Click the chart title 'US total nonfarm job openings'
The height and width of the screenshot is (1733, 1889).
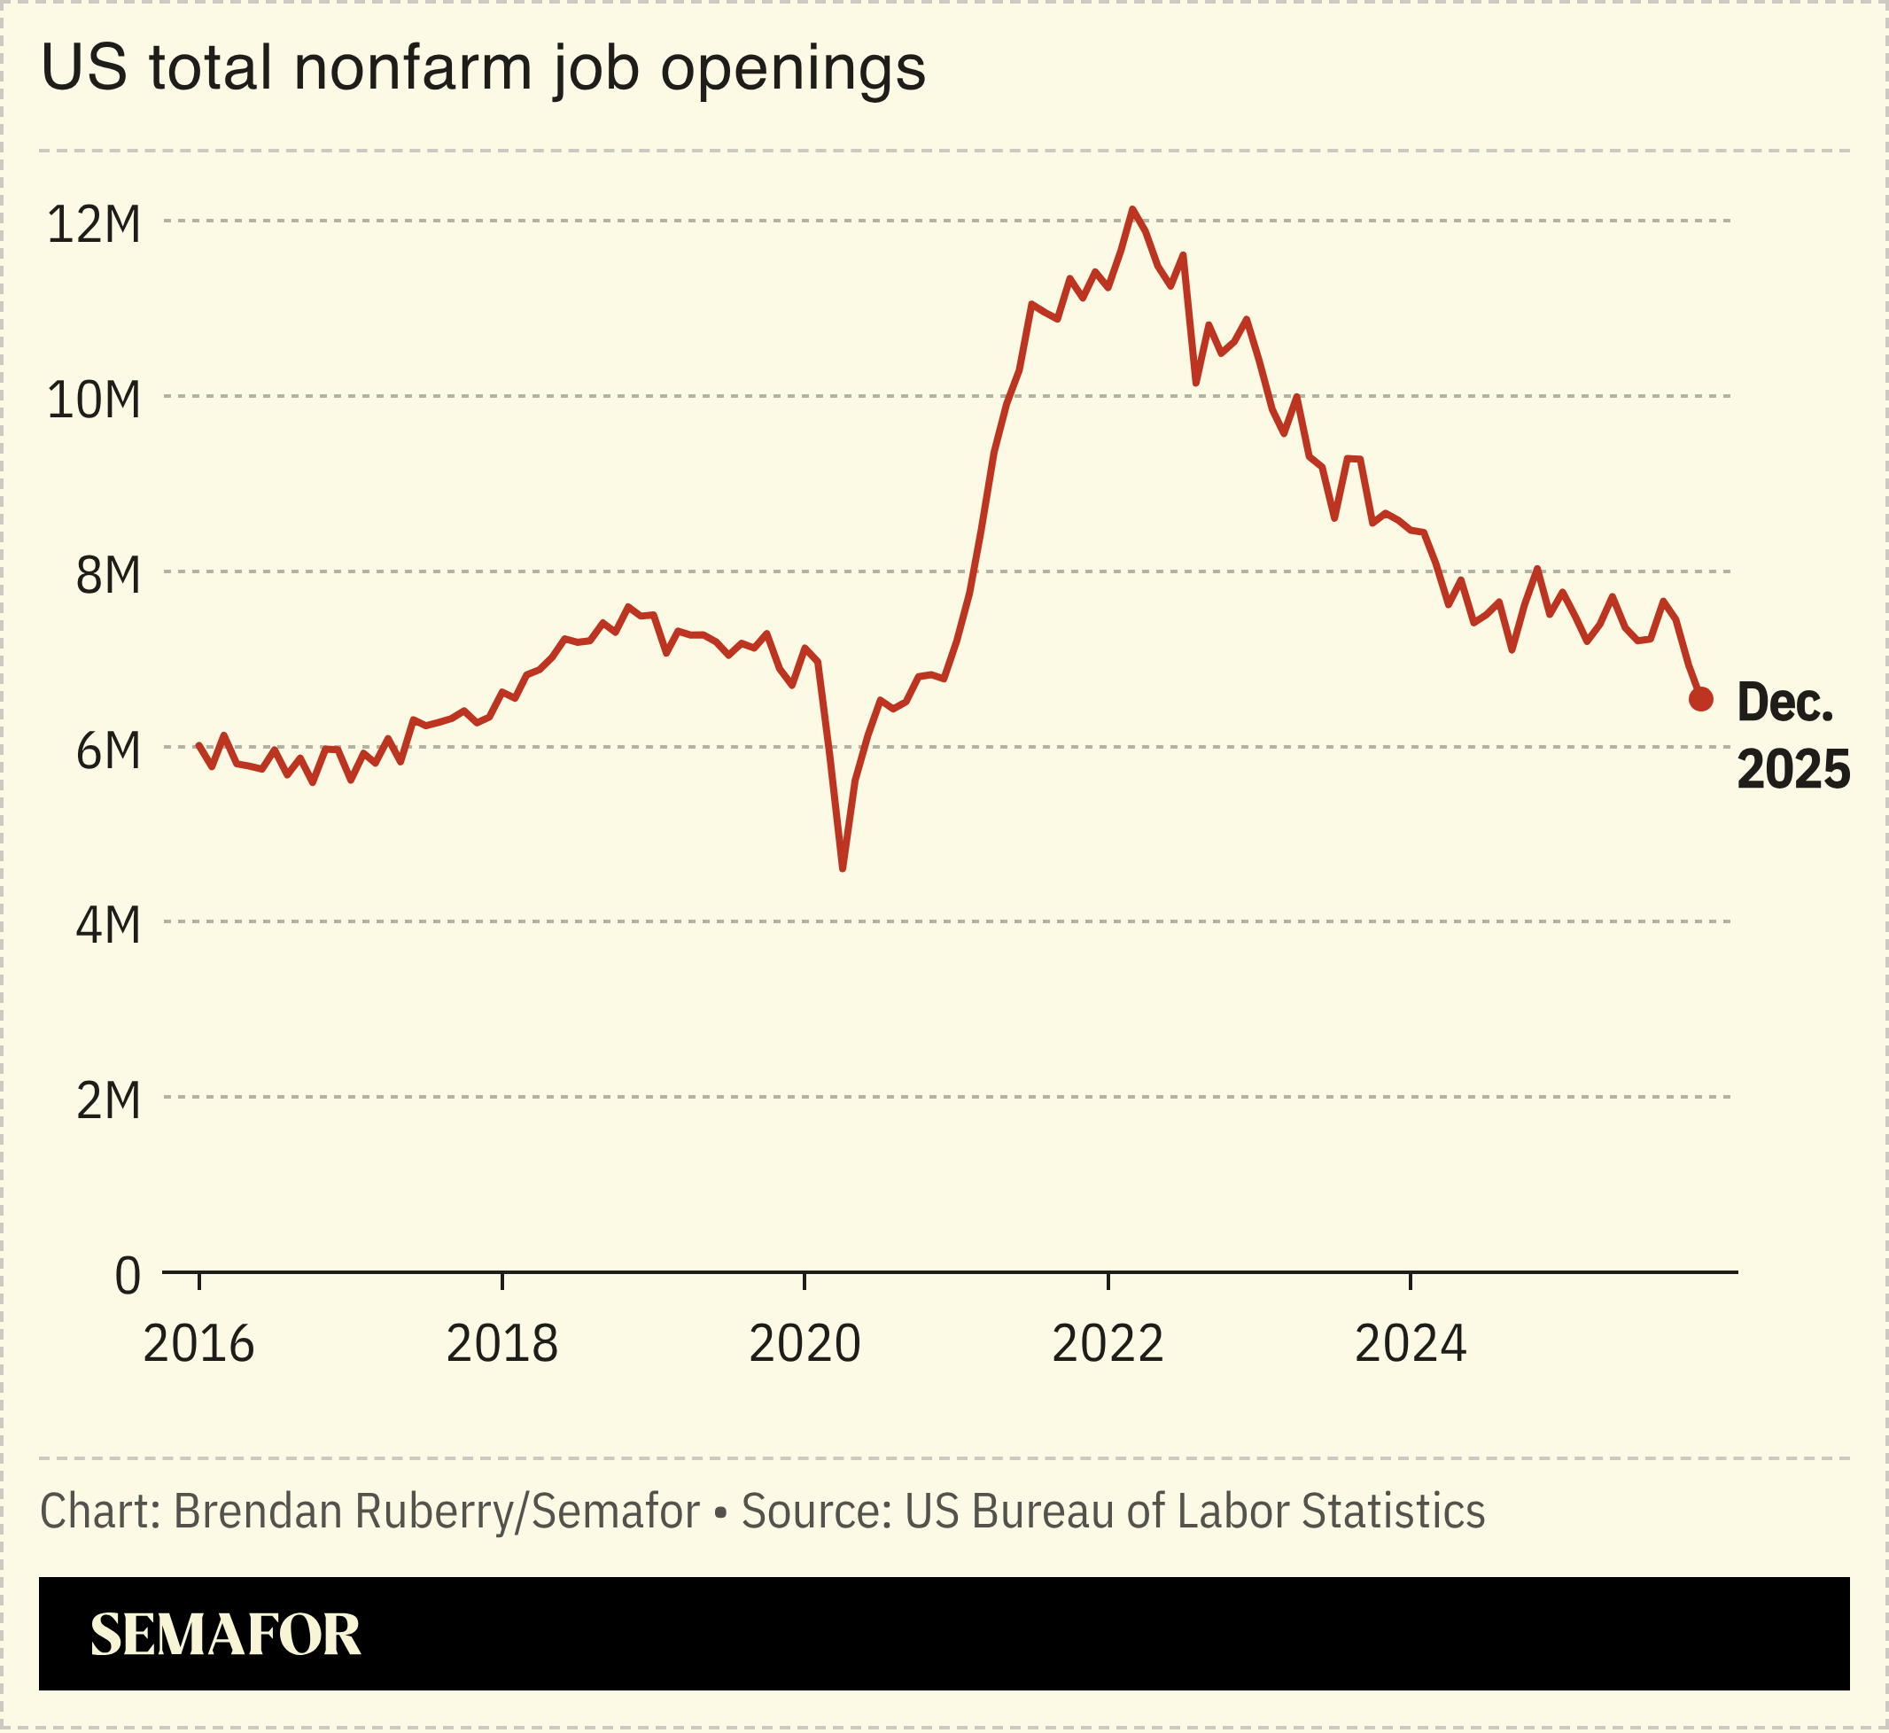pos(483,68)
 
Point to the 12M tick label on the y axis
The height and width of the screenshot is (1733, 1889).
pos(94,225)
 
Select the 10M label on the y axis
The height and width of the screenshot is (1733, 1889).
pos(94,400)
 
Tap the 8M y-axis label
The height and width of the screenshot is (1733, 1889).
pos(108,576)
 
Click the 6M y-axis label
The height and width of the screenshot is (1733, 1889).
pos(108,751)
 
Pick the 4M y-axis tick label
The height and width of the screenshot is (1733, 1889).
pos(108,927)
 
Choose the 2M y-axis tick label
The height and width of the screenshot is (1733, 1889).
pos(108,1101)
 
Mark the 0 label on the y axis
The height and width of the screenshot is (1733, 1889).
pos(128,1277)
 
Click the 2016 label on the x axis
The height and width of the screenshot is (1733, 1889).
pos(198,1345)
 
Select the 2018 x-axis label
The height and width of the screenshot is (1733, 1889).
pos(501,1345)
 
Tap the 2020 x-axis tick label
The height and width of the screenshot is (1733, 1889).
pos(805,1345)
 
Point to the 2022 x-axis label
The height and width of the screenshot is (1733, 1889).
pos(1108,1345)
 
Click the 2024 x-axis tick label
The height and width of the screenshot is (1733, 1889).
pos(1411,1345)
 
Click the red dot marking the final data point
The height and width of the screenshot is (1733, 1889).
pos(1700,699)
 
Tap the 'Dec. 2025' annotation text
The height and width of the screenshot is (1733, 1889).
pos(1792,737)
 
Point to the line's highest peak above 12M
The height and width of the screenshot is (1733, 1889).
pos(1132,209)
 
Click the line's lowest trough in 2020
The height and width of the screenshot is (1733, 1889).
pos(843,868)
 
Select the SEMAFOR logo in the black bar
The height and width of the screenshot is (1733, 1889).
pos(225,1635)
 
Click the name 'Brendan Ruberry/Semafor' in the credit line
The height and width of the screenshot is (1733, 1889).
pos(436,1511)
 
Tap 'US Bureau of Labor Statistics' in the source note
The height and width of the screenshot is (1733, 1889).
pos(1194,1511)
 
